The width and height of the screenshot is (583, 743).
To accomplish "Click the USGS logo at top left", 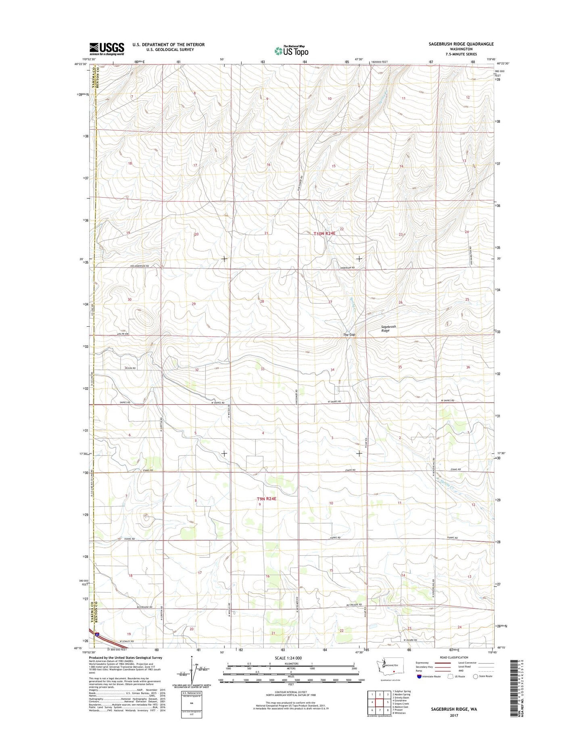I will coord(107,49).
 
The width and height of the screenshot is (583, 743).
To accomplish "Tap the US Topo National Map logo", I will coord(291,50).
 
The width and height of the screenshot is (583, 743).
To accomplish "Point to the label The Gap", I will coord(349,335).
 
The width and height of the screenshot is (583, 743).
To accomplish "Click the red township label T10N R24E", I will coord(324,234).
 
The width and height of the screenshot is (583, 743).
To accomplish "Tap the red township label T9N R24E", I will coord(267,499).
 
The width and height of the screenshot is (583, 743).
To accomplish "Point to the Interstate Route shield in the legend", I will coord(420,676).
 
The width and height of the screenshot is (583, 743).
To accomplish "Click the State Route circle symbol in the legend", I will coord(476,676).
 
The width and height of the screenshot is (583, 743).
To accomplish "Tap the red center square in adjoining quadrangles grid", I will coord(379,702).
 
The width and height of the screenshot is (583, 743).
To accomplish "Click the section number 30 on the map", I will coord(130,299).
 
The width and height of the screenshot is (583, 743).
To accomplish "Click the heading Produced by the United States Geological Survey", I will coord(125,657).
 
